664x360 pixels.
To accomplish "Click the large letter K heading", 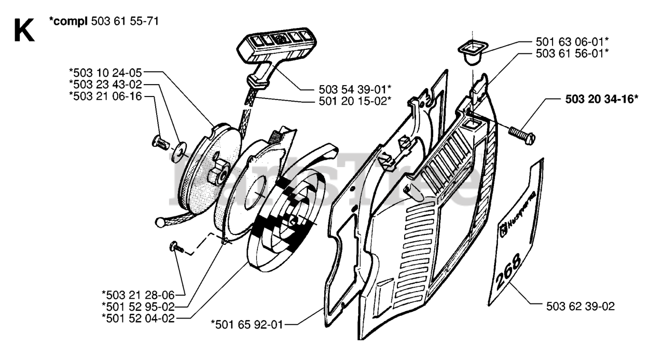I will [24, 30].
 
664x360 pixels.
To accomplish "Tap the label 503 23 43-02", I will [105, 84].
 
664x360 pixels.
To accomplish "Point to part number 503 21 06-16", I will [105, 95].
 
